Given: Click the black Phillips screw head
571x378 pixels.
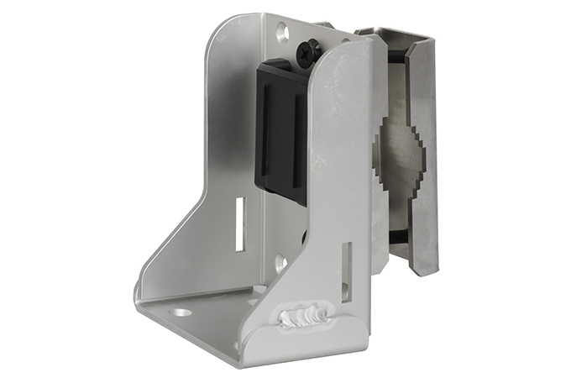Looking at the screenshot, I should [306, 52].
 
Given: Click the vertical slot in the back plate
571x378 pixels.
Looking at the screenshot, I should [240, 223].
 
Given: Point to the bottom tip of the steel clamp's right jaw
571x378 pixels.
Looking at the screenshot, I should [425, 270].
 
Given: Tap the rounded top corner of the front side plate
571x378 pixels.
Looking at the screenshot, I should [353, 46].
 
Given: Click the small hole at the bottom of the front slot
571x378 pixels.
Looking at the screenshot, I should [345, 294].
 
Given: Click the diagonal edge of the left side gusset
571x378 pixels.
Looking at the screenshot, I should [171, 239].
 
